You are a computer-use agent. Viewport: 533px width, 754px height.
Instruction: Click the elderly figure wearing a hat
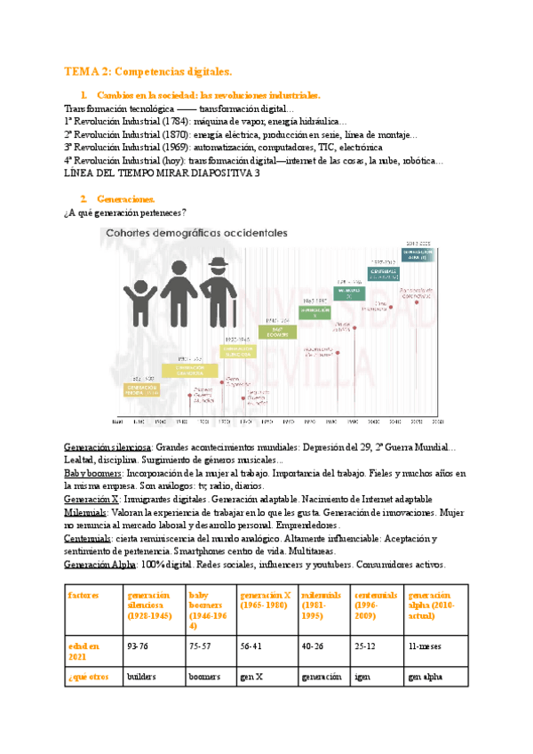coord(216,280)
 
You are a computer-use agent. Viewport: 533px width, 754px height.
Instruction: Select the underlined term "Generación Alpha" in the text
coord(99,565)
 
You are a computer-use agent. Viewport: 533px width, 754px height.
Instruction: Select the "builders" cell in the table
coord(142,677)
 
